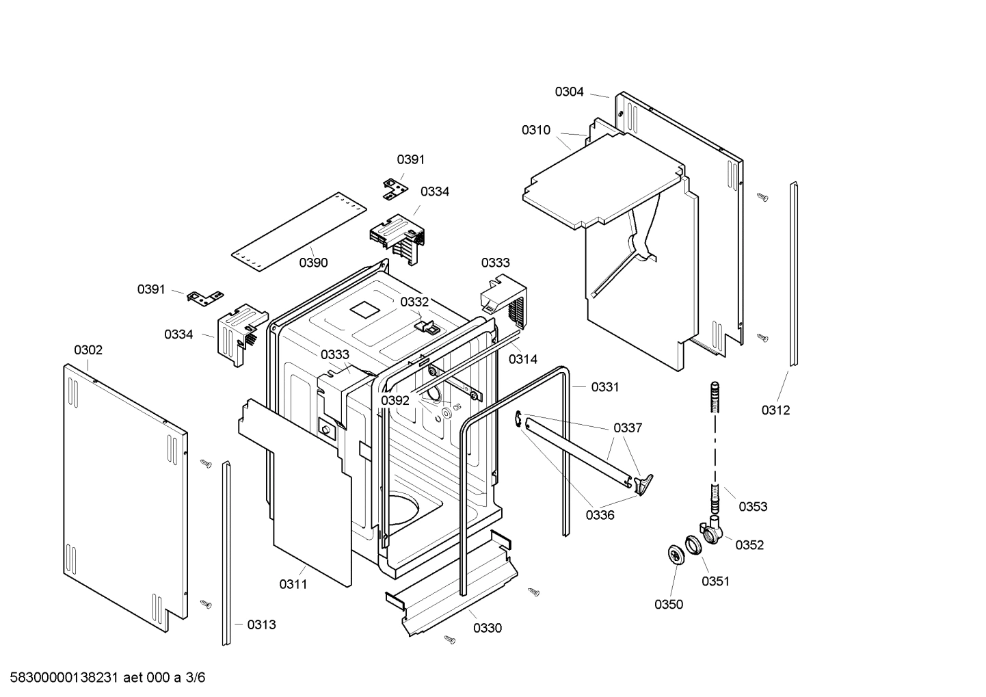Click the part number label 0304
click(x=569, y=92)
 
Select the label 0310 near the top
click(x=535, y=130)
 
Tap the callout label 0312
click(x=775, y=410)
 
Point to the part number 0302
click(x=88, y=350)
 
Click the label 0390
click(x=313, y=263)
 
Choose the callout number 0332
click(x=414, y=302)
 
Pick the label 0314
click(x=522, y=359)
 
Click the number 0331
click(x=604, y=387)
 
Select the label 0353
click(x=753, y=507)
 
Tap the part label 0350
click(x=668, y=605)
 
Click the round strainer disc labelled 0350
click(x=676, y=555)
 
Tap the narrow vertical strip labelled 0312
click(x=794, y=274)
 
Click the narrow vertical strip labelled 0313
click(x=226, y=554)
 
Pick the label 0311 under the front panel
click(x=293, y=585)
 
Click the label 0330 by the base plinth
click(x=487, y=629)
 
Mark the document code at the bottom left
click(x=103, y=678)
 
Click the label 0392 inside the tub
click(x=395, y=401)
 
